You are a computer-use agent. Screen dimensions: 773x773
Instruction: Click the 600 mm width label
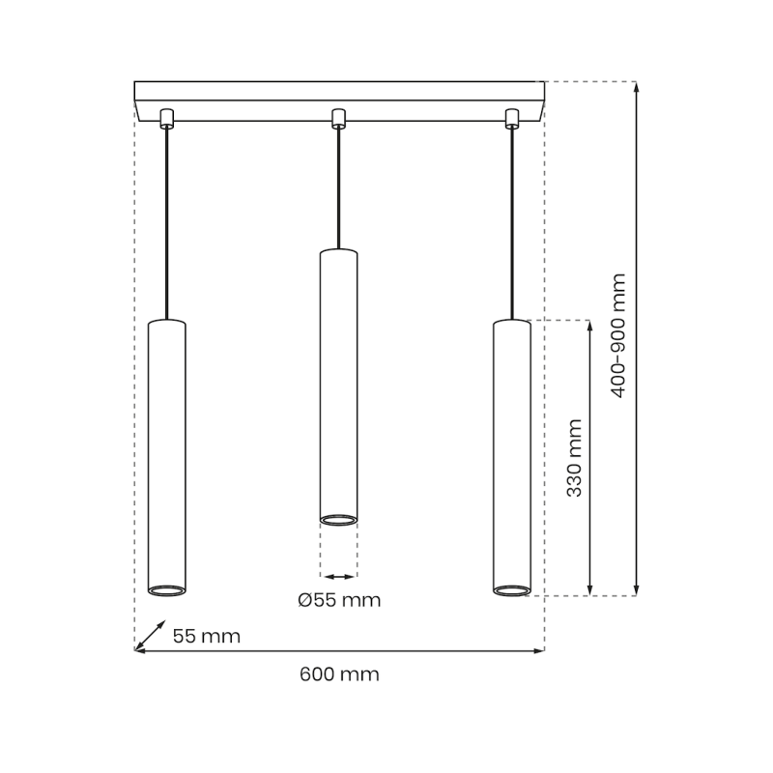[x=339, y=674]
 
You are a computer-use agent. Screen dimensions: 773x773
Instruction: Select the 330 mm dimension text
[x=575, y=458]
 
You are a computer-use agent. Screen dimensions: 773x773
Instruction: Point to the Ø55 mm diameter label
[x=339, y=600]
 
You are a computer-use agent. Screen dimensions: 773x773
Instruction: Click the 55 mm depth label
[x=206, y=636]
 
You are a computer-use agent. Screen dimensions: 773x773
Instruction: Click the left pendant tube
[x=166, y=454]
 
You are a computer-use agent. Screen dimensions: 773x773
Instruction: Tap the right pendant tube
[x=511, y=454]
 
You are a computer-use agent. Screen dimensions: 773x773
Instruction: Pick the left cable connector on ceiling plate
[x=166, y=118]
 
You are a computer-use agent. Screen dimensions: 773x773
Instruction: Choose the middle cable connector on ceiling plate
[x=338, y=118]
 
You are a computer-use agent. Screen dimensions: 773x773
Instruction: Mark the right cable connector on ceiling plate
[x=511, y=118]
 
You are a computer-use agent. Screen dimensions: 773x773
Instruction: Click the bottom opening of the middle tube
[x=338, y=520]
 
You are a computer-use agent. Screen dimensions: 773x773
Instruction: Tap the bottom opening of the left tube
[x=166, y=588]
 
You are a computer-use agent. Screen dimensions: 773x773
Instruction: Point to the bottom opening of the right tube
[x=511, y=588]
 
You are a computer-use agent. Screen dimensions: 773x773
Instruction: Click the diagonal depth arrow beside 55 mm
[x=149, y=635]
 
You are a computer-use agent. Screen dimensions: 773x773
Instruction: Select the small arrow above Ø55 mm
[x=338, y=576]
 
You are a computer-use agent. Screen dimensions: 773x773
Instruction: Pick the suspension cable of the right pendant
[x=511, y=222]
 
